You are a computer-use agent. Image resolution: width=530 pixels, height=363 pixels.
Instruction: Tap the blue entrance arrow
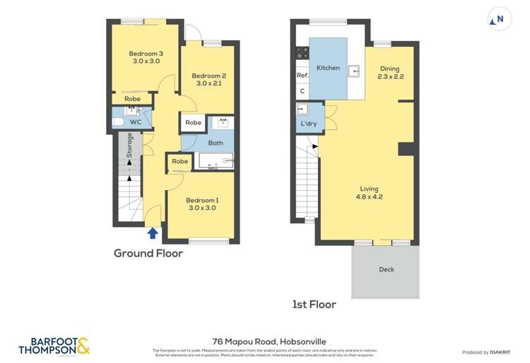pyautogui.click(x=152, y=232)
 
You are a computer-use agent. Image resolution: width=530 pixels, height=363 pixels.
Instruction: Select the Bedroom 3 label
pyautogui.click(x=146, y=57)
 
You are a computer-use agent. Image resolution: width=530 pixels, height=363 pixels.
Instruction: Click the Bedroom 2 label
pyautogui.click(x=209, y=80)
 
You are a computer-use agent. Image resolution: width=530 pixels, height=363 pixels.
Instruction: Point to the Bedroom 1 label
pyautogui.click(x=201, y=203)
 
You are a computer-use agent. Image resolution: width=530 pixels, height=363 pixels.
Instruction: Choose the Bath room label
pyautogui.click(x=215, y=143)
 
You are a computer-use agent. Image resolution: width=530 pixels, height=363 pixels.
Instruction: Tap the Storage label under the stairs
pyautogui.click(x=130, y=146)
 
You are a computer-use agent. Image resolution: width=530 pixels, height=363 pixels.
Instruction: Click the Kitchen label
pyautogui.click(x=328, y=68)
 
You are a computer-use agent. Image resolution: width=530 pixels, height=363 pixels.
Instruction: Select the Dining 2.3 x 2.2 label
pyautogui.click(x=390, y=72)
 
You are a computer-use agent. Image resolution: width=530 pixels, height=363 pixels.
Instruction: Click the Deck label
pyautogui.click(x=386, y=269)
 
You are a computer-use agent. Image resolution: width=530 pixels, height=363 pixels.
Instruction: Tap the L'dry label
pyautogui.click(x=308, y=124)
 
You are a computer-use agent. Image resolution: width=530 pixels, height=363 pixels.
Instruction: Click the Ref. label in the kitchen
pyautogui.click(x=302, y=76)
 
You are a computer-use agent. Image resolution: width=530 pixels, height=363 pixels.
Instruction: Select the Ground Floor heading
pyautogui.click(x=148, y=253)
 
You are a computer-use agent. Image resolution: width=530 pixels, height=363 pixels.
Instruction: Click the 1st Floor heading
pyautogui.click(x=314, y=304)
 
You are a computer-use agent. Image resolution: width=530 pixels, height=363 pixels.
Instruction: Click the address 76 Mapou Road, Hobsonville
pyautogui.click(x=265, y=341)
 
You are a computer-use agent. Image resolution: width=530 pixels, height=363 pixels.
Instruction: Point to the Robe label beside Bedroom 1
pyautogui.click(x=180, y=162)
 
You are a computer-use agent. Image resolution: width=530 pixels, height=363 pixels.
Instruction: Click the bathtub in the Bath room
pyautogui.click(x=215, y=162)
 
